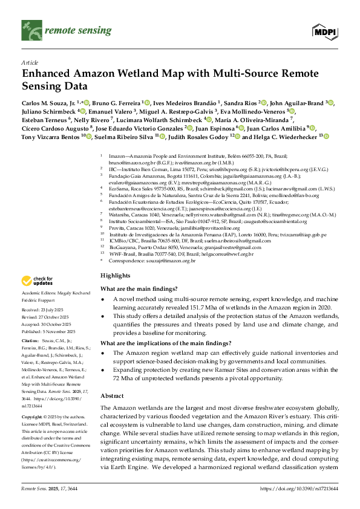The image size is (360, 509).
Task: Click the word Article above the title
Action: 30,62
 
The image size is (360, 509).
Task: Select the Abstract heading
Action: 113,378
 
